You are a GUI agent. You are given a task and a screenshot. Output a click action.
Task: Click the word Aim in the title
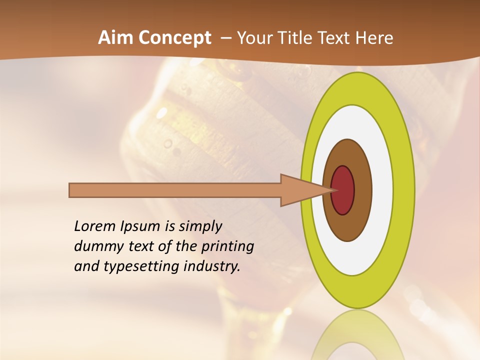(x=115, y=38)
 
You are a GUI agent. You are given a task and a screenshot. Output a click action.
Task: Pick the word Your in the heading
(x=254, y=38)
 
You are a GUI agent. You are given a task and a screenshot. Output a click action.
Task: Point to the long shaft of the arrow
(x=175, y=190)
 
